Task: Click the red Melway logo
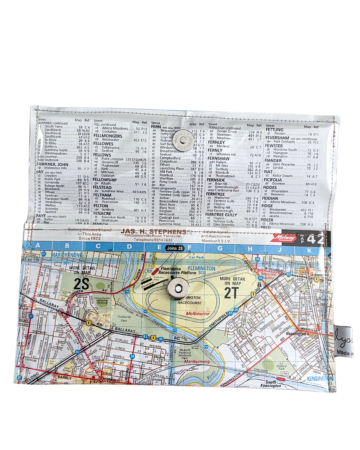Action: click(x=284, y=238)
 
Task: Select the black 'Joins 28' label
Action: click(x=175, y=248)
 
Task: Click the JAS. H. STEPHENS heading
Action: click(x=153, y=231)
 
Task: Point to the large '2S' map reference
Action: click(x=81, y=284)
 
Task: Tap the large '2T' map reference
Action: click(x=231, y=293)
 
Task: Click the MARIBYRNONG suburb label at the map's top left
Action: click(x=67, y=255)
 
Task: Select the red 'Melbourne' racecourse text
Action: click(x=198, y=314)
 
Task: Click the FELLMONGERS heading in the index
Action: click(x=108, y=136)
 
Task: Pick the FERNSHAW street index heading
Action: click(x=218, y=159)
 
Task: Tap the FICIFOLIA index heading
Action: click(x=273, y=180)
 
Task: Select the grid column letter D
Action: click(x=129, y=247)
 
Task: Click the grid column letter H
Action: click(x=250, y=249)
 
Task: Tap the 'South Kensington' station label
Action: click(x=270, y=384)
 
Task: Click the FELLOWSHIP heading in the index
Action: click(x=105, y=180)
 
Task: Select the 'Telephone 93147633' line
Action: click(x=153, y=240)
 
